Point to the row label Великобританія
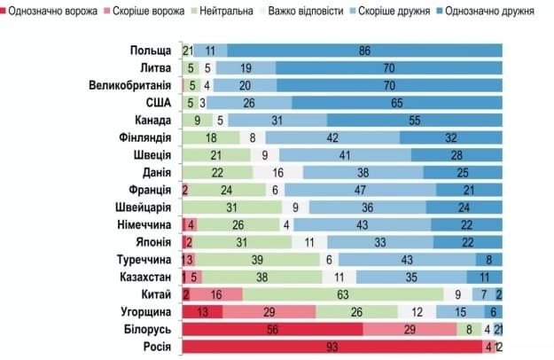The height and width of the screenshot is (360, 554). [x=129, y=85]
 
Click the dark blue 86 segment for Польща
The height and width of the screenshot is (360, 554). [x=364, y=51]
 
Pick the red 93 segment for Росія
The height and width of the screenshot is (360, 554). [x=332, y=345]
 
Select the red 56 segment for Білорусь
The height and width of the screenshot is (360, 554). [x=272, y=328]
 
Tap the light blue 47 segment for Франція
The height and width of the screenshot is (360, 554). [x=360, y=190]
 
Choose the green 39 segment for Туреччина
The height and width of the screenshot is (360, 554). [x=257, y=259]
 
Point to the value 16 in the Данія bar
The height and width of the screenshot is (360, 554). [x=278, y=172]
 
